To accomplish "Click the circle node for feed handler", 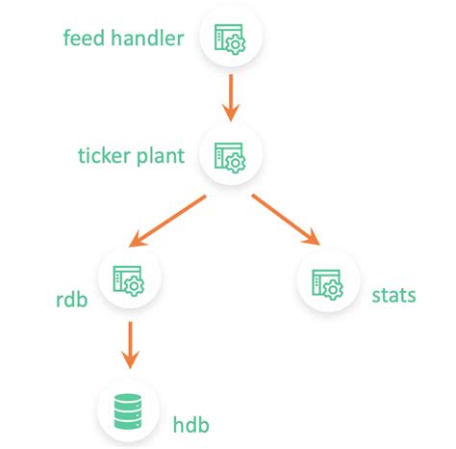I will [230, 39].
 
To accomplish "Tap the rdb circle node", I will [128, 278].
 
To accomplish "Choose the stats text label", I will [393, 294].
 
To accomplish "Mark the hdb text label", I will [191, 424].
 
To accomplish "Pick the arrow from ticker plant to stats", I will [285, 220].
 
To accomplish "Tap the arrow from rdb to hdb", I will [128, 344].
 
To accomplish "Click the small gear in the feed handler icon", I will [237, 44].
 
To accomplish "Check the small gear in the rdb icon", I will [135, 284].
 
